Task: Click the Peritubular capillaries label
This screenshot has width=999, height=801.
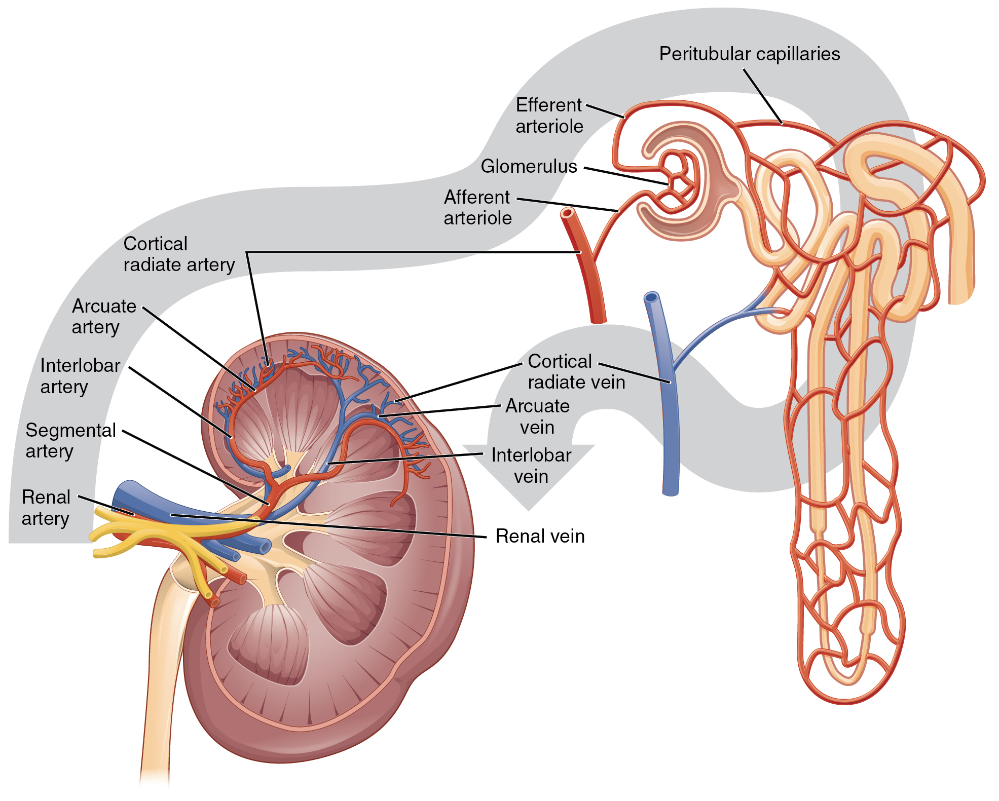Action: tap(749, 54)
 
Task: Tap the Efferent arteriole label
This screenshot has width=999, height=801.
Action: tap(549, 116)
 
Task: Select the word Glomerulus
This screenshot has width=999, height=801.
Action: tap(529, 166)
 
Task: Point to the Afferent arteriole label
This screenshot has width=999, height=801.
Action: tap(477, 207)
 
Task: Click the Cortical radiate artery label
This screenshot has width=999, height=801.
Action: tap(179, 254)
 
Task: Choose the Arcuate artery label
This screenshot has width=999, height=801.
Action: tap(104, 316)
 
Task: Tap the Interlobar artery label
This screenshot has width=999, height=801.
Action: tap(80, 375)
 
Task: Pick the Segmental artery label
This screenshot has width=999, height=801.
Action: tap(70, 440)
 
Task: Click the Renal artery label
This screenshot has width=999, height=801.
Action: tap(46, 507)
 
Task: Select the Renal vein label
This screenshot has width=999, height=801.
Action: tap(540, 536)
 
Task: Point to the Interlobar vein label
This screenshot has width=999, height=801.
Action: tap(531, 466)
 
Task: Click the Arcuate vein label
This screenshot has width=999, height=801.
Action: tap(537, 416)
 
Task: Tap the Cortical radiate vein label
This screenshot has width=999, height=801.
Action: tap(576, 371)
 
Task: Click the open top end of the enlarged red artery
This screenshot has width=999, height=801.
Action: tap(568, 213)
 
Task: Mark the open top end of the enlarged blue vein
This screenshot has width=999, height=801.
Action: tap(651, 297)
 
